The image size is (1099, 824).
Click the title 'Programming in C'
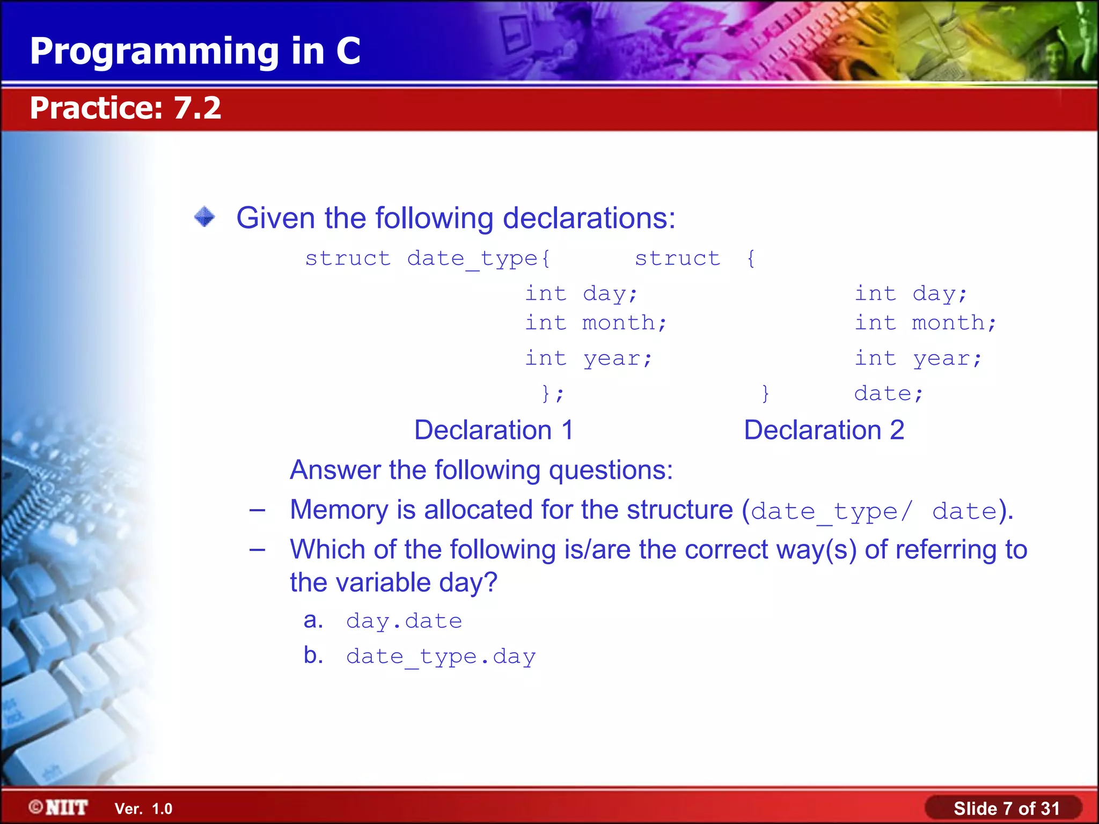pos(195,51)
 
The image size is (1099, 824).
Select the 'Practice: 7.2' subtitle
pos(125,108)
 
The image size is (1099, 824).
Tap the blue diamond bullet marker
pos(204,217)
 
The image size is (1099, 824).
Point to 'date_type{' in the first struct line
pos(478,259)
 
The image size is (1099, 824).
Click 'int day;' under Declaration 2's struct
pos(910,294)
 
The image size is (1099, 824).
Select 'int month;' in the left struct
pos(595,323)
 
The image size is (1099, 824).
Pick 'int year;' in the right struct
pos(918,358)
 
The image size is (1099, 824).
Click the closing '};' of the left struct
pos(552,394)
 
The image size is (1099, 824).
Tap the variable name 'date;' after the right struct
pos(888,394)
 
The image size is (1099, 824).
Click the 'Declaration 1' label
pos(494,430)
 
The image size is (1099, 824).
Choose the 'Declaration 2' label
pos(824,430)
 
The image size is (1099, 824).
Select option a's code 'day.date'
pos(404,621)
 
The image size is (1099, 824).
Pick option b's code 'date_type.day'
pos(441,657)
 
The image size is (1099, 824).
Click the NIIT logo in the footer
pos(59,807)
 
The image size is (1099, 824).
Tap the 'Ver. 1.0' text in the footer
pos(143,809)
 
